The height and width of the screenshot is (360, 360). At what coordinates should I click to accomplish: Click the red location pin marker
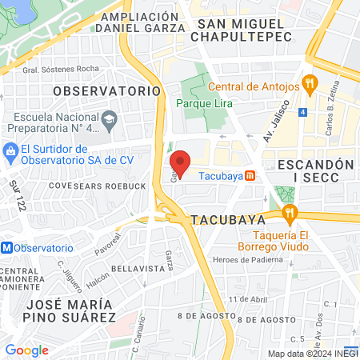pyautogui.click(x=181, y=162)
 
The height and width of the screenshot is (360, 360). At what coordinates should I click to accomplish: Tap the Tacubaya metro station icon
pyautogui.click(x=250, y=176)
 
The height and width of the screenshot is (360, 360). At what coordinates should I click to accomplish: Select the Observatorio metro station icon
pyautogui.click(x=7, y=248)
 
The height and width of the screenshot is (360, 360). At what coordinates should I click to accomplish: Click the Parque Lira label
pyautogui.click(x=203, y=103)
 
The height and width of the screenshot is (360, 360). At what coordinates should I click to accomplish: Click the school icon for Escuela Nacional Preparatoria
pyautogui.click(x=109, y=122)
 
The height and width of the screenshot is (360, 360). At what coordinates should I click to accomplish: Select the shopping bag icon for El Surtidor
pyautogui.click(x=10, y=150)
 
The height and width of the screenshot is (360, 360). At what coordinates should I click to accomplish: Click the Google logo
pyautogui.click(x=26, y=350)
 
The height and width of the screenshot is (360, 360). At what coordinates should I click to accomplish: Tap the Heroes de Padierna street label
pyautogui.click(x=249, y=260)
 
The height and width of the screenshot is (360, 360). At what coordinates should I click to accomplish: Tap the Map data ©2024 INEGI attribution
pyautogui.click(x=312, y=353)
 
